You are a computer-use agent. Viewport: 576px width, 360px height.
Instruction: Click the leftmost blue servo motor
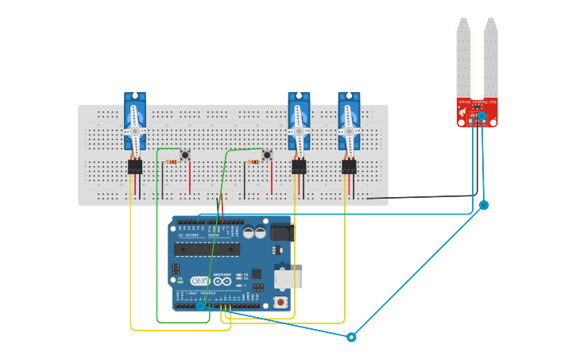click(135, 121)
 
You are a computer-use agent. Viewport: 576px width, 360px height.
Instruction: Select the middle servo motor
click(299, 121)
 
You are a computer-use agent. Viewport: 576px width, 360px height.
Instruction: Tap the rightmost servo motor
click(349, 121)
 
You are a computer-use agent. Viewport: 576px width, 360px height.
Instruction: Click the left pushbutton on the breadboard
click(185, 155)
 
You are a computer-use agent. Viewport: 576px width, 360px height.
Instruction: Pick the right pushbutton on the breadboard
click(267, 155)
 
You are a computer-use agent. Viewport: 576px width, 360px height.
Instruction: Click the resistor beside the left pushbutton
click(172, 162)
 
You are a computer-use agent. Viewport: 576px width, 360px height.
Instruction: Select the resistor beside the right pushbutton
click(253, 162)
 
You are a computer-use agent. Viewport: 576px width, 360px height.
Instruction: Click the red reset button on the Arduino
click(280, 301)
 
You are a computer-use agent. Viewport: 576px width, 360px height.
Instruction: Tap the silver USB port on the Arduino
click(287, 278)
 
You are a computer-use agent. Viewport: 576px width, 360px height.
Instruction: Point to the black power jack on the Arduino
click(281, 232)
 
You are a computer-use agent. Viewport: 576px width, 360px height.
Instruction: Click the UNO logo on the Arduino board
click(200, 281)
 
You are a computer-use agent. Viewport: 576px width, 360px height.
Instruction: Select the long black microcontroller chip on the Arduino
click(207, 249)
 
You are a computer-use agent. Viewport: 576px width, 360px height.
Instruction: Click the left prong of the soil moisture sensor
click(463, 60)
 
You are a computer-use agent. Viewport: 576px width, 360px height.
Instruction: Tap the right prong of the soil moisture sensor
click(491, 60)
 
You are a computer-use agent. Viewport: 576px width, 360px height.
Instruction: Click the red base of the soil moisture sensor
click(477, 112)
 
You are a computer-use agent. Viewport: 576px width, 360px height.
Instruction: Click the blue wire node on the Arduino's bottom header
click(201, 305)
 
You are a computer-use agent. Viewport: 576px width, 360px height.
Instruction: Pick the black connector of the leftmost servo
click(135, 166)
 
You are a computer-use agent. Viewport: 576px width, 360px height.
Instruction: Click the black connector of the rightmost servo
click(349, 166)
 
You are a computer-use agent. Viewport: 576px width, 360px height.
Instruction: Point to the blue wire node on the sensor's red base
click(481, 116)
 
